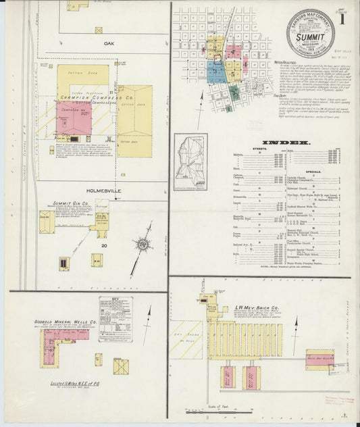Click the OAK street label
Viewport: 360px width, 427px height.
pyautogui.click(x=107, y=43)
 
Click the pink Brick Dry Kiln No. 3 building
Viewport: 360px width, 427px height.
pyautogui.click(x=320, y=355)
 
